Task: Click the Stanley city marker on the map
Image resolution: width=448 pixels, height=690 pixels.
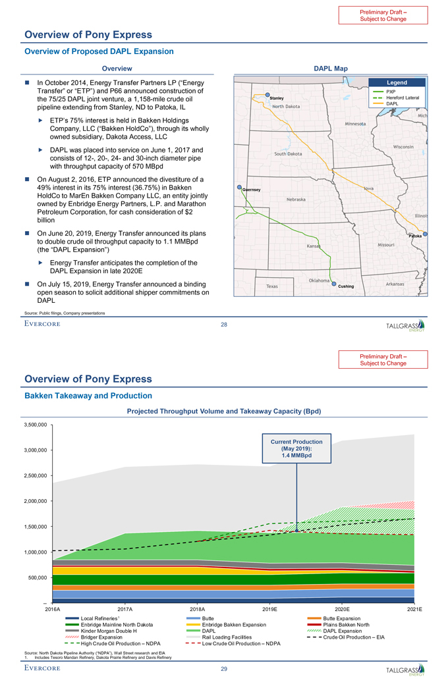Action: tap(267, 95)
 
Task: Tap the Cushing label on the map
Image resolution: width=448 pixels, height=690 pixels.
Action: tap(346, 286)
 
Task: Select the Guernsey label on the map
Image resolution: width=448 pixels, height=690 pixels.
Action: tap(252, 190)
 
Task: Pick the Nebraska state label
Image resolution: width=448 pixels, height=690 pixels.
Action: tap(299, 199)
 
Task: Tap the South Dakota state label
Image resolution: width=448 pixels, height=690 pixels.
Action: tap(288, 153)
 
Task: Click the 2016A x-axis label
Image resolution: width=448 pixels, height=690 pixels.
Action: tap(52, 610)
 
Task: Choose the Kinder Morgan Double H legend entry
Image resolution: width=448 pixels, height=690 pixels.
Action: tap(109, 631)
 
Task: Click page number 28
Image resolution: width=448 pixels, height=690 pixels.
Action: tap(224, 323)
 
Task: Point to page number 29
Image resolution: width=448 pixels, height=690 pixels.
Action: tap(224, 669)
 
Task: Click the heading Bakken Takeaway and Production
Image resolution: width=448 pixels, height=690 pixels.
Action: tap(88, 396)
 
